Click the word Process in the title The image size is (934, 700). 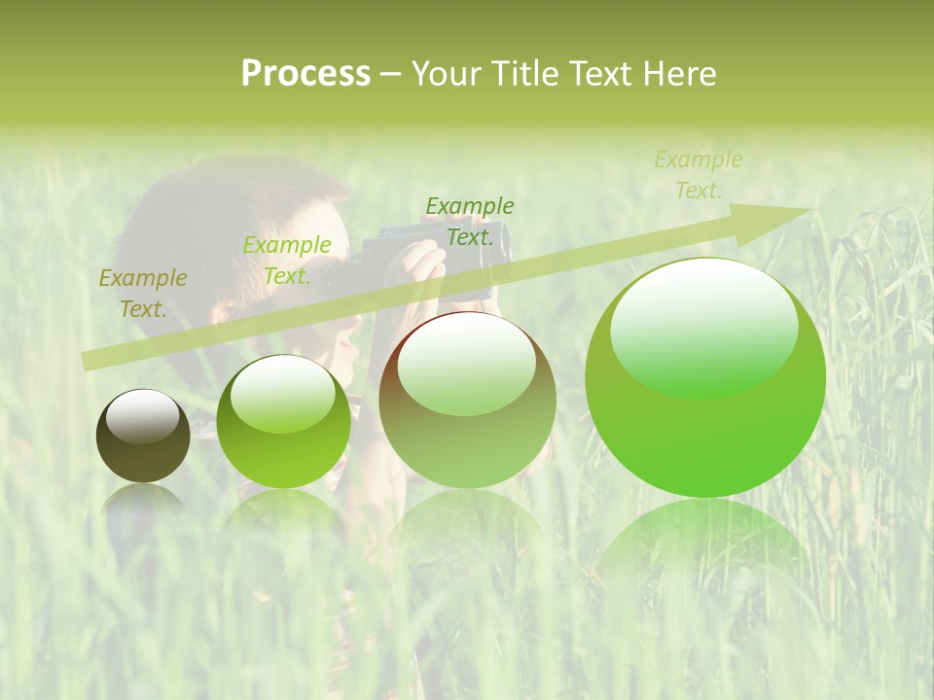tap(305, 74)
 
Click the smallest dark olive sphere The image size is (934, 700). tap(143, 436)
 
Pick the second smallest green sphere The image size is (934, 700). tap(283, 421)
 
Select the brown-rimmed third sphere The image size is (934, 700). tap(467, 400)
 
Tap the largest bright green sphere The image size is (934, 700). tap(705, 377)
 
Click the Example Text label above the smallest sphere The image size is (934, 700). tap(143, 294)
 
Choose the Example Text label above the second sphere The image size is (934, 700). tap(287, 261)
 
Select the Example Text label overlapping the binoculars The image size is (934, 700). tap(470, 222)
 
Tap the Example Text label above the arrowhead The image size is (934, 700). tap(699, 175)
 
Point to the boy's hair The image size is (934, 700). tap(224, 209)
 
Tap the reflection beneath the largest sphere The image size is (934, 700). tap(705, 544)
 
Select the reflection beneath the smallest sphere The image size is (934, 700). tap(143, 501)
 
